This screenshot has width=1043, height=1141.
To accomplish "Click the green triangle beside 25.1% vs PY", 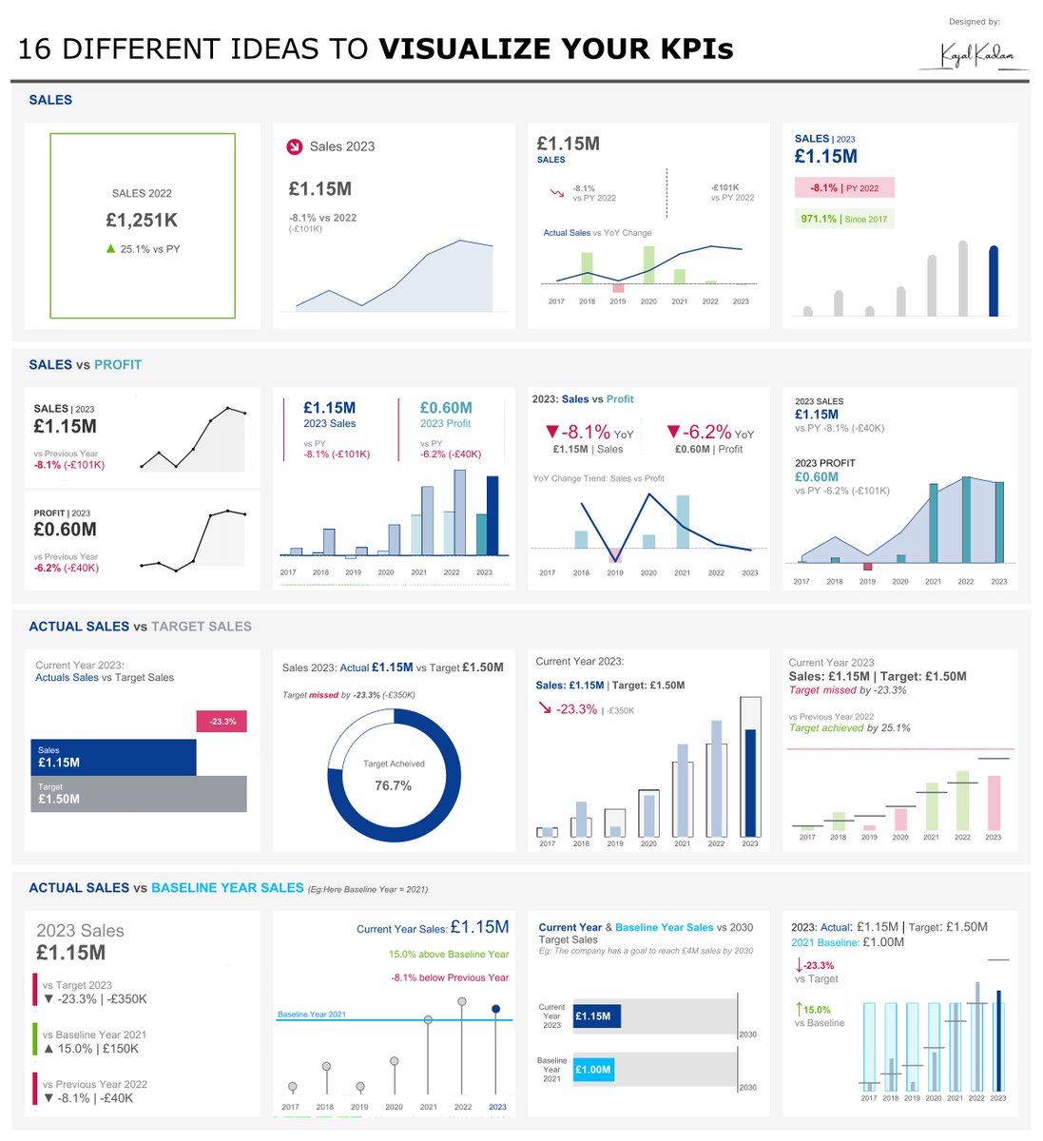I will click(110, 249).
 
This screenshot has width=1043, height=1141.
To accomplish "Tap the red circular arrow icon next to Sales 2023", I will click(294, 146).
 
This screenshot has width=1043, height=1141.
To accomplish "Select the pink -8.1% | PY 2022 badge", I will click(844, 188).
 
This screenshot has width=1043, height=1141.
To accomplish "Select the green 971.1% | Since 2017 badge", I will click(844, 219).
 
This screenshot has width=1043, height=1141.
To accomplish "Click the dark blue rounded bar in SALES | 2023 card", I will click(994, 281).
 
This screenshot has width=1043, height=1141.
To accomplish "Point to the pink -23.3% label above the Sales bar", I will click(222, 722).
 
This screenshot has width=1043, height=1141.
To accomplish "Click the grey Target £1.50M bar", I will click(139, 794).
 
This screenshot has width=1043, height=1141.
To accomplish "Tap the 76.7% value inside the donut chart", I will click(393, 785).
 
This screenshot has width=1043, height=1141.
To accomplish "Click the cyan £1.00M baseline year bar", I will click(592, 1070).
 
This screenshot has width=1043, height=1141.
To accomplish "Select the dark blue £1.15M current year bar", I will click(596, 1016).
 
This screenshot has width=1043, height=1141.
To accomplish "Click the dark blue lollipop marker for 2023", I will click(495, 1009).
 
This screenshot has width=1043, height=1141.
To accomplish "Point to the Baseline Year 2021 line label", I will click(311, 1015).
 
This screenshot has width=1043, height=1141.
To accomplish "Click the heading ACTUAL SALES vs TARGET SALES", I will click(140, 627).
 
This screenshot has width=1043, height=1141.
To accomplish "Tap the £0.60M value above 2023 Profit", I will click(446, 408).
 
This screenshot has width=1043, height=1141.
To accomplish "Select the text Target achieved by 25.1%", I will click(849, 728).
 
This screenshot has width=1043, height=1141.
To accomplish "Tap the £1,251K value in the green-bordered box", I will click(142, 221).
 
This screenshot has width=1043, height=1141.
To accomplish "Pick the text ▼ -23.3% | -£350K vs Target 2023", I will click(95, 999).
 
